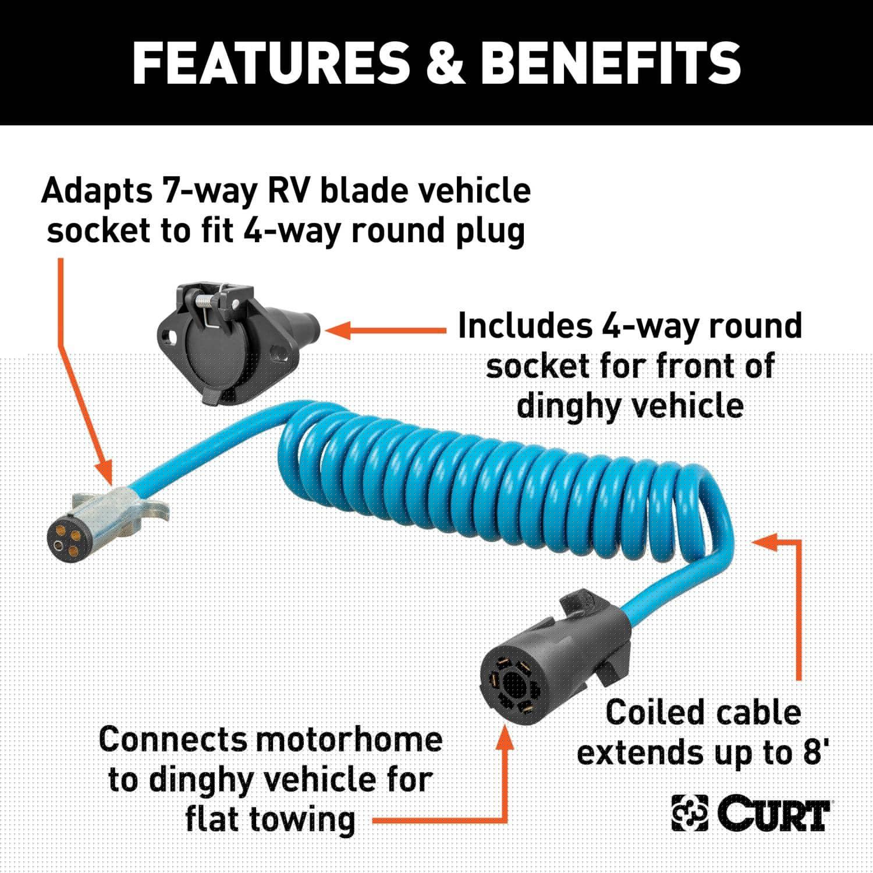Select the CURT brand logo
[751, 813]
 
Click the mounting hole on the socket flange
[171, 338]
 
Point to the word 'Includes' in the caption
[525, 326]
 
